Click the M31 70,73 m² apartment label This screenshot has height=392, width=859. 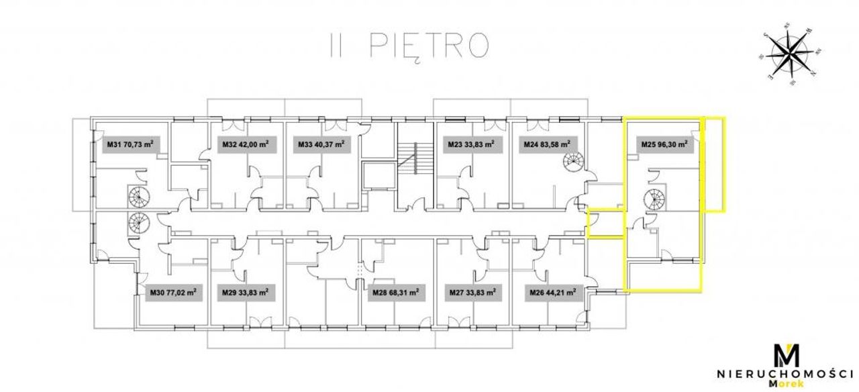[x=130, y=144]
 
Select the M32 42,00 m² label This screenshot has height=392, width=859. [x=246, y=144]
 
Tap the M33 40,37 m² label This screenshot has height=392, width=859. [x=321, y=144]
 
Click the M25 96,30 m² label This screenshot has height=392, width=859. [x=664, y=144]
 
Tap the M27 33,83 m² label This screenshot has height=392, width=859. [x=472, y=293]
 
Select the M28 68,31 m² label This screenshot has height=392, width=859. [x=395, y=293]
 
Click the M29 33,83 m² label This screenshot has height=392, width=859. [x=245, y=293]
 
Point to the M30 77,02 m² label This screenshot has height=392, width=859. [x=173, y=293]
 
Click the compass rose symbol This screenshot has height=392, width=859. [x=790, y=58]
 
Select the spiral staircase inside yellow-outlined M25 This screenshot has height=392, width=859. [x=654, y=200]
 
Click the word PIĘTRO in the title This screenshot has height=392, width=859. [x=429, y=46]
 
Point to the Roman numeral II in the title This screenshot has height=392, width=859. [x=335, y=45]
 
